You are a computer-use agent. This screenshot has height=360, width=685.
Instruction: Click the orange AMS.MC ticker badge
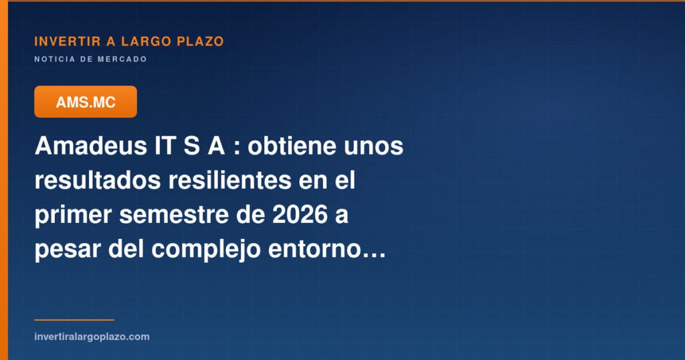[x=86, y=102]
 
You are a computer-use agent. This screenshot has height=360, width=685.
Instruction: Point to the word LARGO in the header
[x=146, y=41]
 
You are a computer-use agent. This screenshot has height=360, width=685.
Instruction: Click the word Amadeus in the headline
[x=91, y=145]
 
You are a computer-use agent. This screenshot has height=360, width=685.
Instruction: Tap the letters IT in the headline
[x=165, y=145]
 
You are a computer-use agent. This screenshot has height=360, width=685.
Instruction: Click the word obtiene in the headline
[x=292, y=145]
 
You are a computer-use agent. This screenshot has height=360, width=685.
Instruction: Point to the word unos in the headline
[x=373, y=148]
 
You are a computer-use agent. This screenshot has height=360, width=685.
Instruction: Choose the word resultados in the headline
[x=98, y=180]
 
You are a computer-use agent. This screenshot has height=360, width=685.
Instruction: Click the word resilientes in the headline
[x=230, y=180]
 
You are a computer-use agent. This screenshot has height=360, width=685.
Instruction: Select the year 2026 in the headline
[x=300, y=215]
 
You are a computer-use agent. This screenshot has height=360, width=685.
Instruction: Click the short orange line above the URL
[x=74, y=320]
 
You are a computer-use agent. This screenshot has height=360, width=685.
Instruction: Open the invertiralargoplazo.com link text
[x=92, y=337]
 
